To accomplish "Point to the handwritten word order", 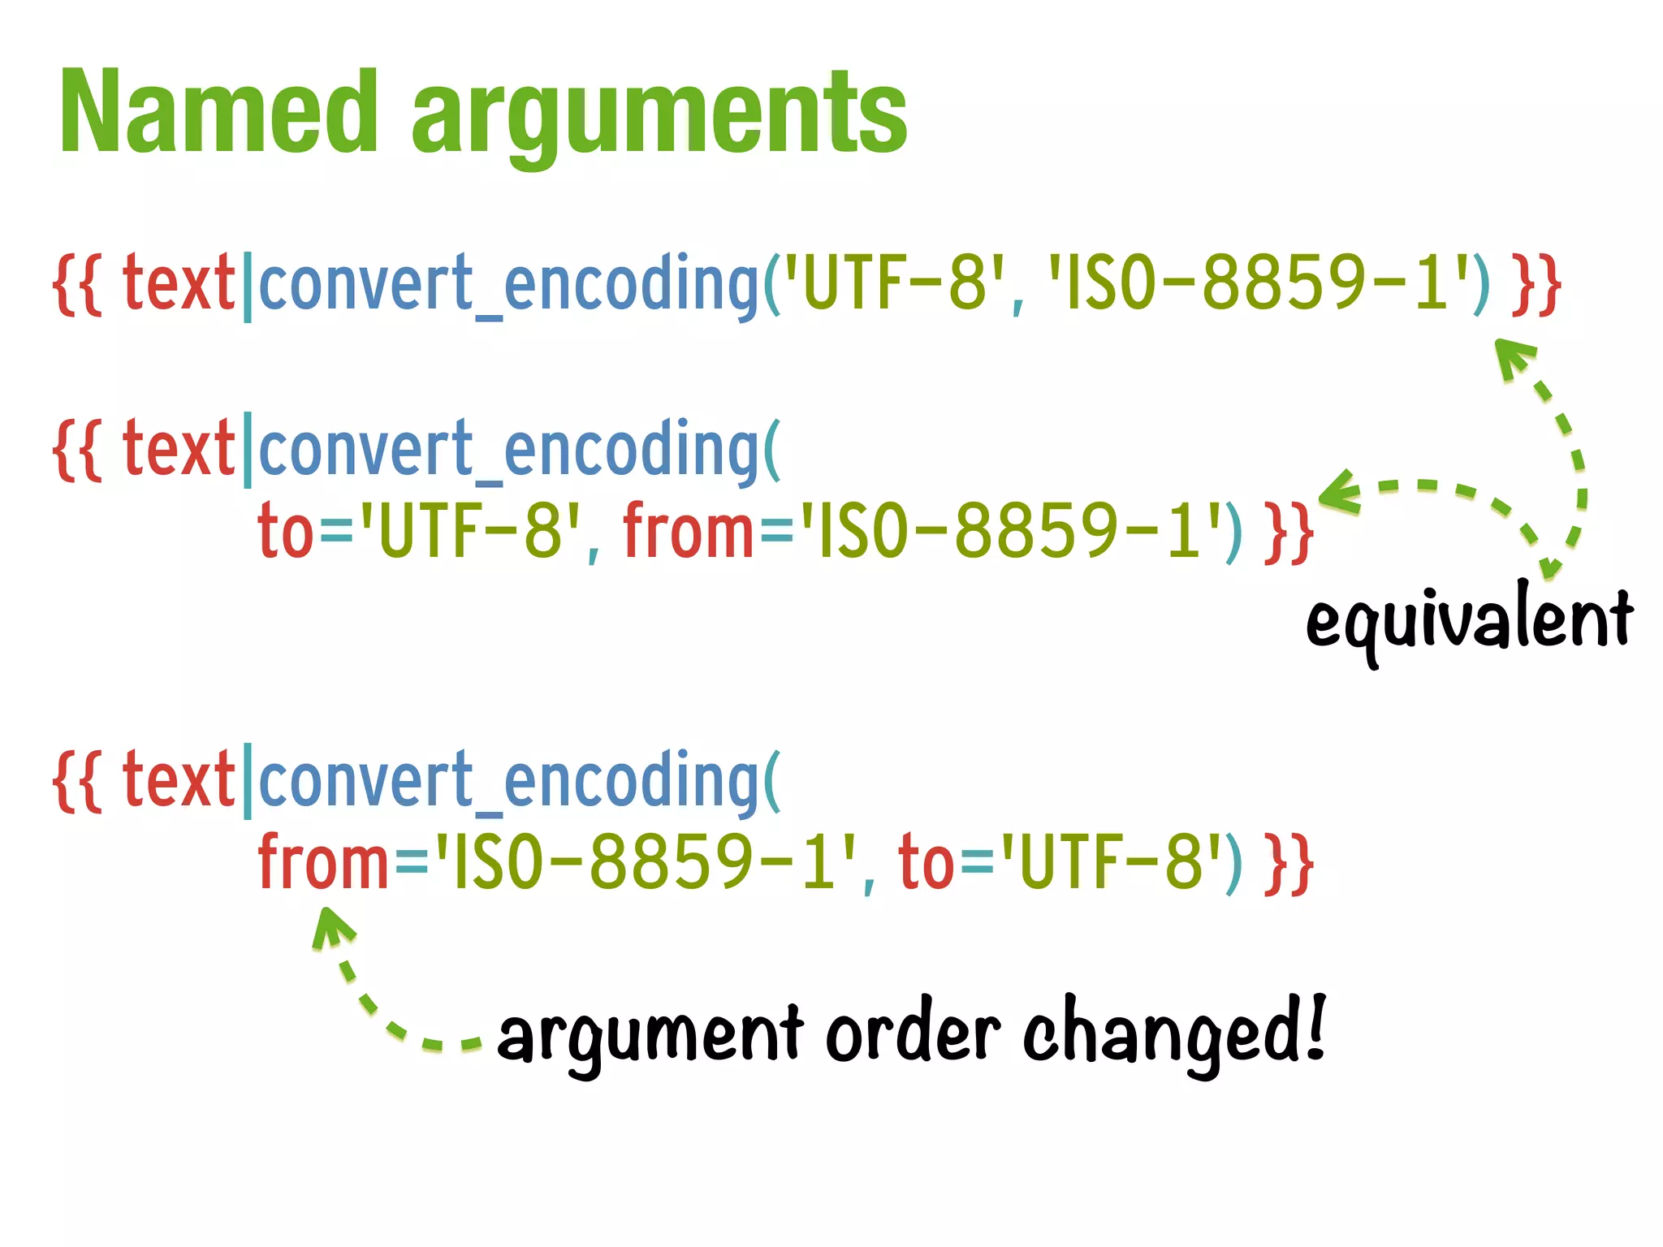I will pyautogui.click(x=913, y=1034).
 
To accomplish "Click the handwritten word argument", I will pyautogui.click(x=650, y=1036).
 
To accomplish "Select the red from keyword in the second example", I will pyautogui.click(x=689, y=531).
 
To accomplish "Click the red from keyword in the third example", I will pyautogui.click(x=323, y=862).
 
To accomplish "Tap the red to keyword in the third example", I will pyautogui.click(x=926, y=862).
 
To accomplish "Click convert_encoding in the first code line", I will pyautogui.click(x=508, y=284).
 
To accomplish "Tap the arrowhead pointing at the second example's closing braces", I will pyautogui.click(x=1338, y=490).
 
